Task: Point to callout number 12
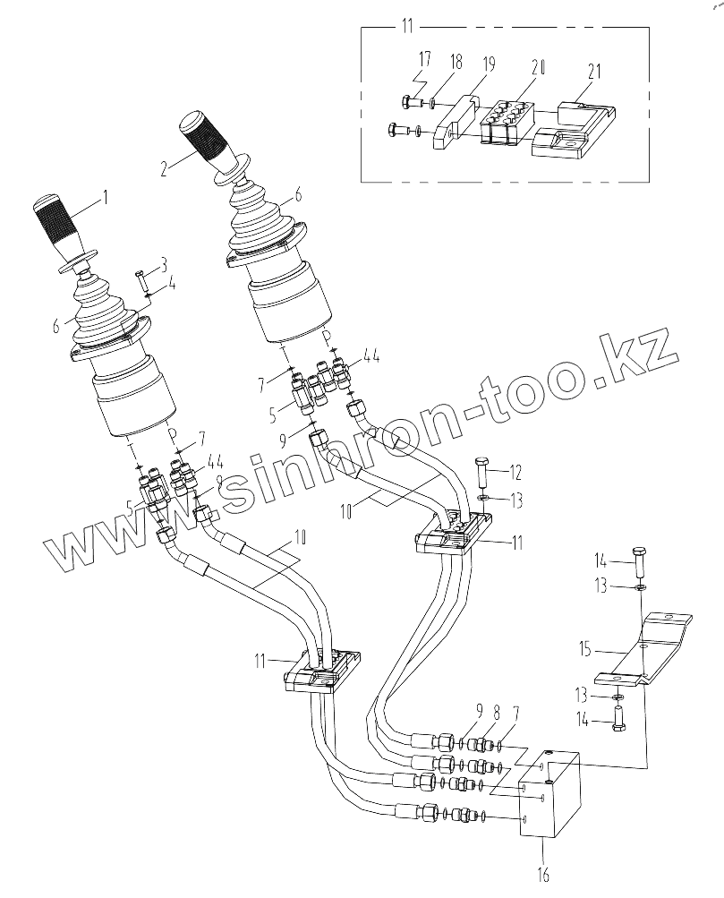pyautogui.click(x=515, y=472)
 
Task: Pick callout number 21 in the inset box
pyautogui.click(x=593, y=71)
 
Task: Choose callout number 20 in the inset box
pyautogui.click(x=538, y=68)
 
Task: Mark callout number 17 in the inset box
pyautogui.click(x=423, y=61)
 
